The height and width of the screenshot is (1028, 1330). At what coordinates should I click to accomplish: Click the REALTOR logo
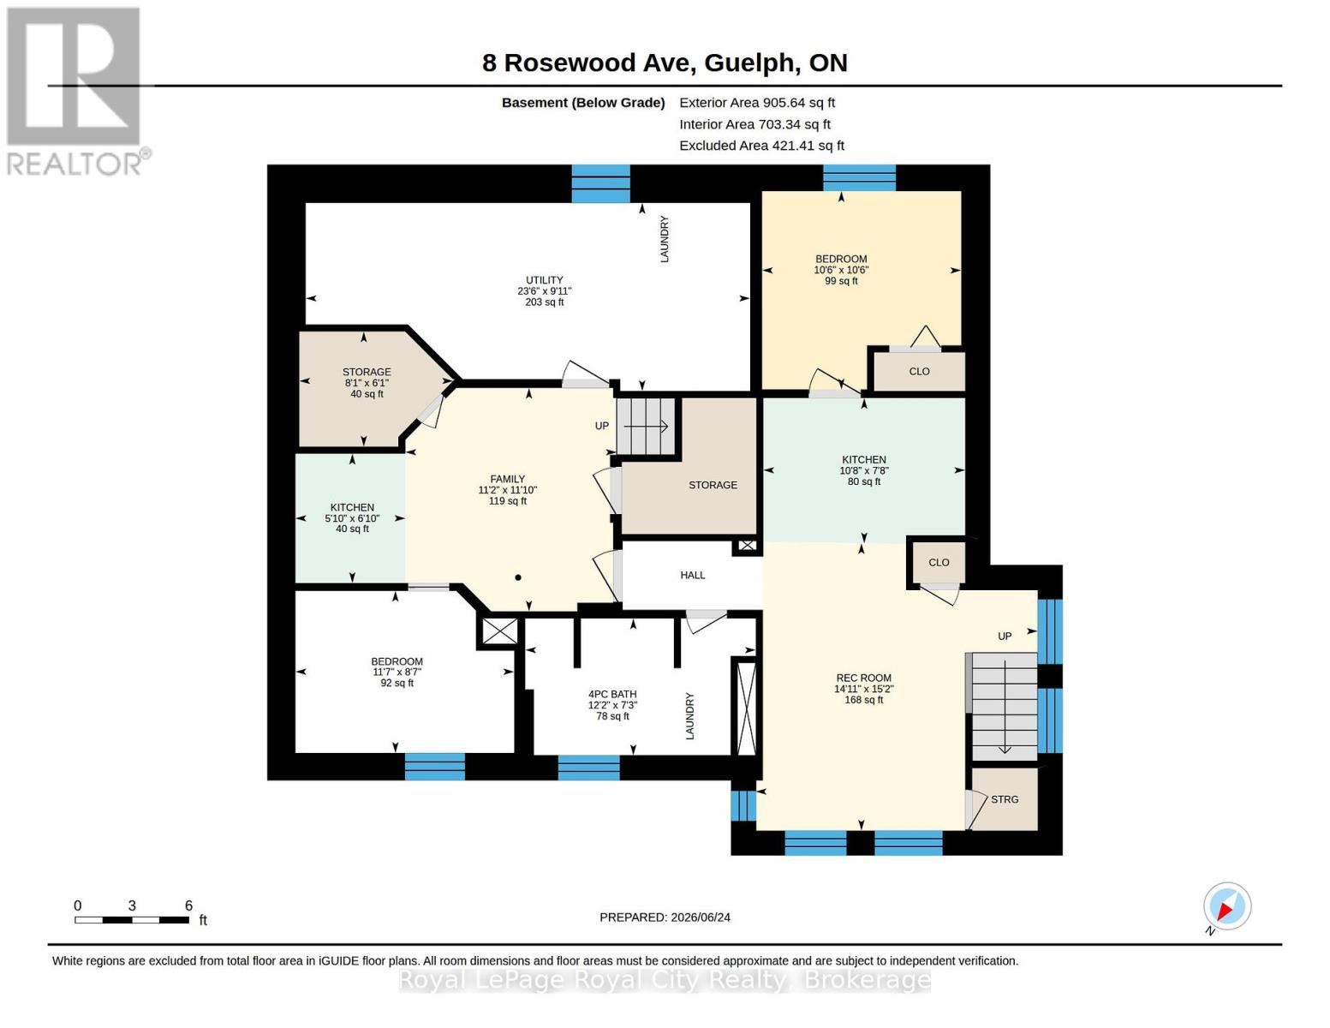pyautogui.click(x=76, y=92)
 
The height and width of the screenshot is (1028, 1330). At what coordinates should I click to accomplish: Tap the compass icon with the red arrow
pyautogui.click(x=1226, y=907)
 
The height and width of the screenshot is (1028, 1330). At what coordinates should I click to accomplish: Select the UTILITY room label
pyautogui.click(x=544, y=290)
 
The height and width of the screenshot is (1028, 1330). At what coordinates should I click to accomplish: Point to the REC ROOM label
pyautogui.click(x=863, y=689)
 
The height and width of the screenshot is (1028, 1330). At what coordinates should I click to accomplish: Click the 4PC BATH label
pyautogui.click(x=612, y=705)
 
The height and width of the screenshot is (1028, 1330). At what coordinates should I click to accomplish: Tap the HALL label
pyautogui.click(x=692, y=575)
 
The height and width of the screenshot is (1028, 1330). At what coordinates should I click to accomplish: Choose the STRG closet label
pyautogui.click(x=1005, y=799)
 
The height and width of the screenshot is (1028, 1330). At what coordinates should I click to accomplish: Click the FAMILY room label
pyautogui.click(x=507, y=490)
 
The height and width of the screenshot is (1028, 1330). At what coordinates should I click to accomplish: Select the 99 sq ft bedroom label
pyautogui.click(x=841, y=270)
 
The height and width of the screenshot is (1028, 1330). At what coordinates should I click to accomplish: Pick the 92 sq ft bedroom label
pyautogui.click(x=397, y=672)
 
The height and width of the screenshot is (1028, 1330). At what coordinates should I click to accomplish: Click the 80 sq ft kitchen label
pyautogui.click(x=863, y=470)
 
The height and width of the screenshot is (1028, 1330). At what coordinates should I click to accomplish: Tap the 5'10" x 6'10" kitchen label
pyautogui.click(x=352, y=518)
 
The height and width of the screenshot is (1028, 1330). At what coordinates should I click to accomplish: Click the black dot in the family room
pyautogui.click(x=518, y=577)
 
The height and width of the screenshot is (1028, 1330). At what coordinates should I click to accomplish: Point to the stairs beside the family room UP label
pyautogui.click(x=646, y=426)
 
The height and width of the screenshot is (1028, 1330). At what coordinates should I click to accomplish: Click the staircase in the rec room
pyautogui.click(x=1005, y=707)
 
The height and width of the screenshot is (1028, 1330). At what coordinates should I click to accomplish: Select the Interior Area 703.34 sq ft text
pyautogui.click(x=754, y=124)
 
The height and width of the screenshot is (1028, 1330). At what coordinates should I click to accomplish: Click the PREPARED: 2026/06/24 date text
pyautogui.click(x=665, y=917)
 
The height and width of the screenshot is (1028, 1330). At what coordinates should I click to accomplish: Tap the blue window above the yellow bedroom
pyautogui.click(x=859, y=177)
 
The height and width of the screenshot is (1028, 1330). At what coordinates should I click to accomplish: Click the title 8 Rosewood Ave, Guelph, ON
pyautogui.click(x=665, y=63)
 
